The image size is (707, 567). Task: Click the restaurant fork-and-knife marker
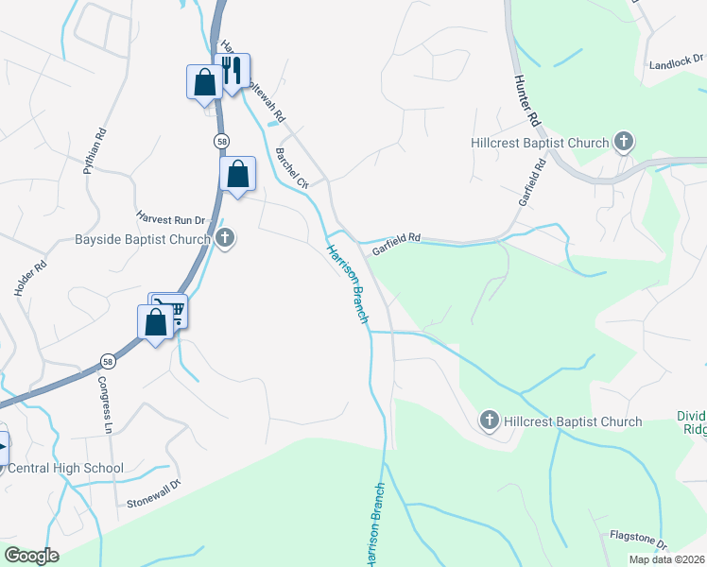(x=232, y=70)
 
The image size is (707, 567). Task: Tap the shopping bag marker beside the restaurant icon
(x=204, y=81)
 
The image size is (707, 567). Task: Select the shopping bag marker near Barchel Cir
(x=237, y=173)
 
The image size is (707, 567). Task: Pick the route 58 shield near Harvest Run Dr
(x=220, y=140)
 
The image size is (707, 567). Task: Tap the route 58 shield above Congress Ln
(x=109, y=361)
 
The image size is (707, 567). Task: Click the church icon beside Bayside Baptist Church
(x=225, y=238)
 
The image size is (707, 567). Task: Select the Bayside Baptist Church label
(x=142, y=239)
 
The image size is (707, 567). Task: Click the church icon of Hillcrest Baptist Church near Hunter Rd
(x=623, y=143)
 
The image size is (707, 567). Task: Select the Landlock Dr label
(x=677, y=65)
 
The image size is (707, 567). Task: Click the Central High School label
(x=64, y=468)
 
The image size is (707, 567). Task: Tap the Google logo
(x=32, y=556)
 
